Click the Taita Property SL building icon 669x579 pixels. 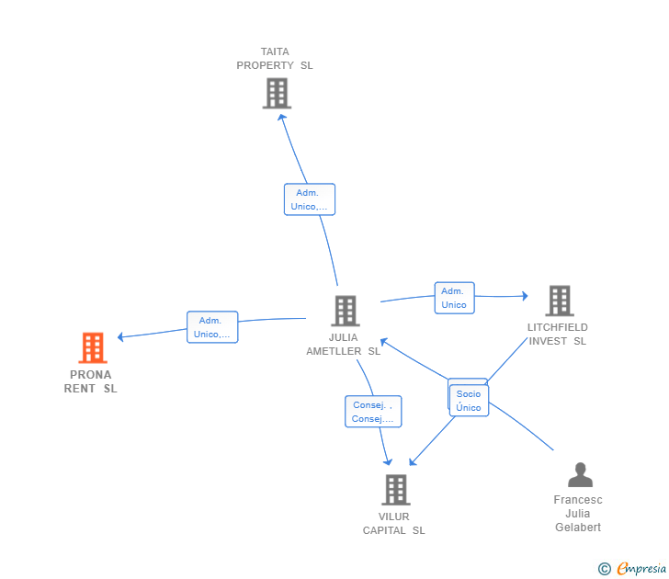277,93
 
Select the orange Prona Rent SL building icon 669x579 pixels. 92,347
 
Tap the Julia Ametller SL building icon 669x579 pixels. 345,311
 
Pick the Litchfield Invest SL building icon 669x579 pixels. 559,301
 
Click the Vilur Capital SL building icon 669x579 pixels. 395,490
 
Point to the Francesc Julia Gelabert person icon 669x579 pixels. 580,475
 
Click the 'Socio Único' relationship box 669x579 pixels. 469,401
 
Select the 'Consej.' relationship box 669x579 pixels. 373,412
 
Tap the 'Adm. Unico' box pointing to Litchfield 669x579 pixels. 454,298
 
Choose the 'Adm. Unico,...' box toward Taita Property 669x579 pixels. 309,199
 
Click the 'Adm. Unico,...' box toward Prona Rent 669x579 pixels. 212,327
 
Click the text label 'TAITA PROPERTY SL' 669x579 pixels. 275,59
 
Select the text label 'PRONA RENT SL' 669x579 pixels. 91,381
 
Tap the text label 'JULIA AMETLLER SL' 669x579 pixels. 343,344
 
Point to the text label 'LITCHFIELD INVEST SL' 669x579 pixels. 557,334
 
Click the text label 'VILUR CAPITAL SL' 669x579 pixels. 394,523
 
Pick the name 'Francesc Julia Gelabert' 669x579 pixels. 578,514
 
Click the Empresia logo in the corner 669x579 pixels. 633,569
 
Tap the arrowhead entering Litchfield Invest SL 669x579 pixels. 525,296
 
